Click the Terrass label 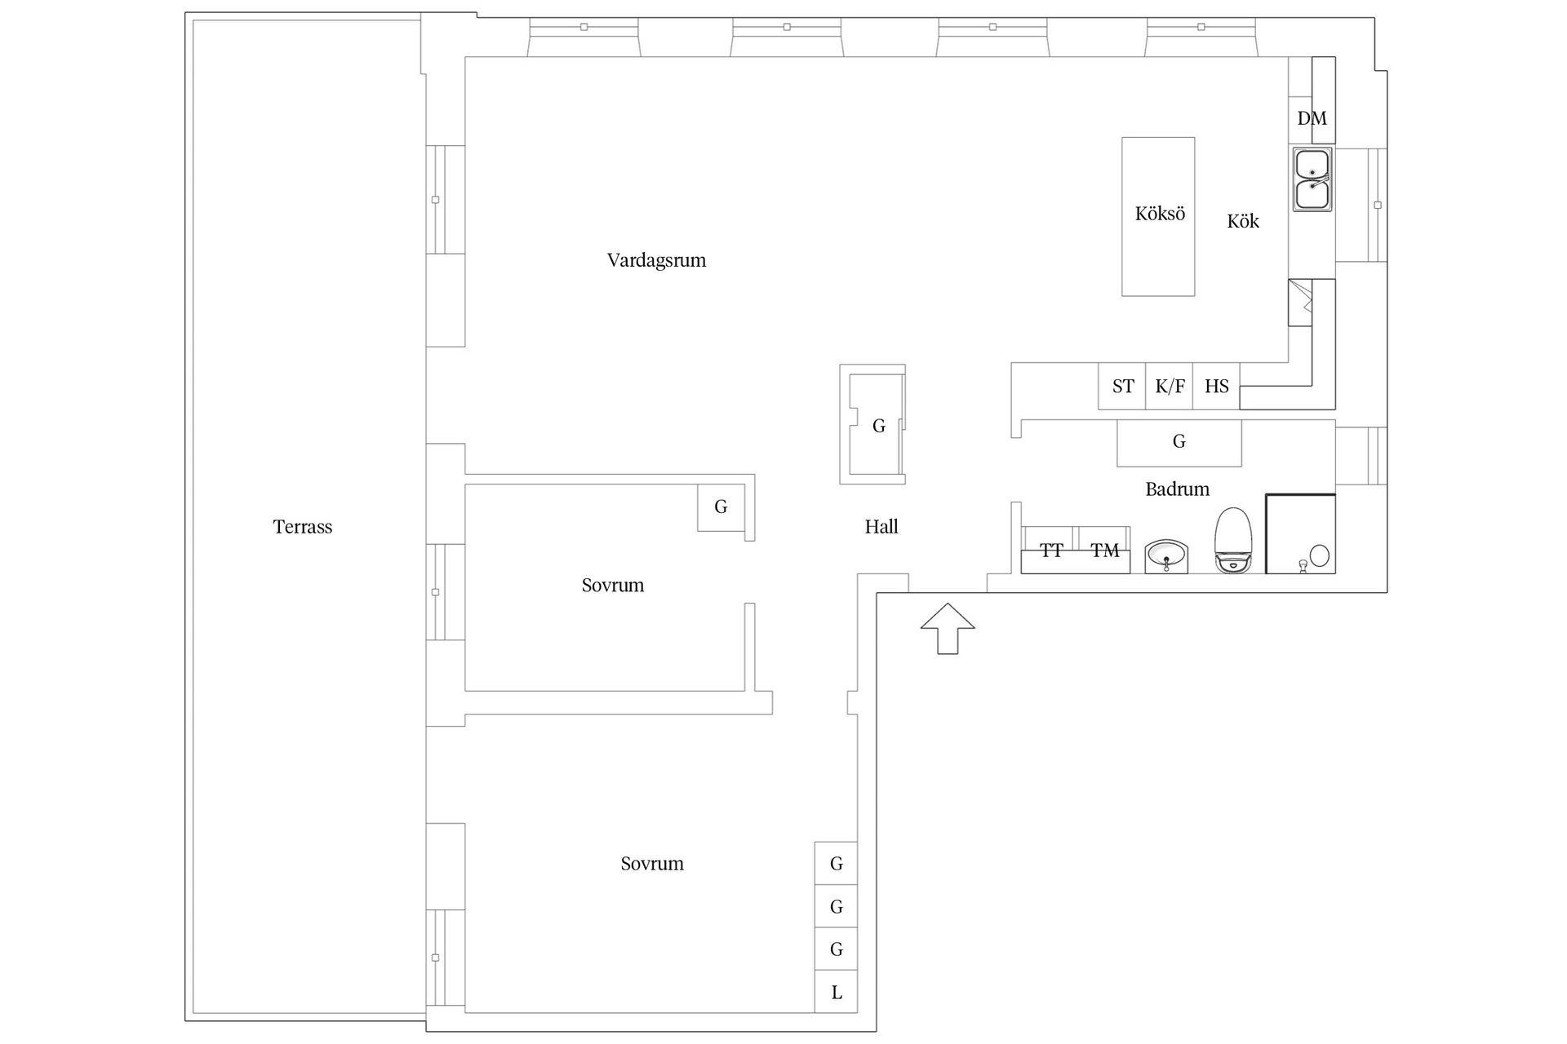tap(302, 527)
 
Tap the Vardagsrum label tap(656, 260)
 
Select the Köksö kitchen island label tap(1159, 214)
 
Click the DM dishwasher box tap(1312, 119)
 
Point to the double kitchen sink tap(1312, 179)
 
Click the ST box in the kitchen tap(1122, 387)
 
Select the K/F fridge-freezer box tap(1170, 387)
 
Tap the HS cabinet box tap(1216, 387)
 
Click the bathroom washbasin tap(1167, 556)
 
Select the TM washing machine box tap(1104, 551)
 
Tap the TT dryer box tap(1050, 551)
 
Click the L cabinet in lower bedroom tap(837, 993)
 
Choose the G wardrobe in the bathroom tap(1179, 442)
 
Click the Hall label tap(881, 527)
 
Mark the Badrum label tap(1177, 489)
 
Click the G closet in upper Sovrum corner tap(721, 507)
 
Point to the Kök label tap(1243, 221)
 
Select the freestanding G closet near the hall tap(877, 426)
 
